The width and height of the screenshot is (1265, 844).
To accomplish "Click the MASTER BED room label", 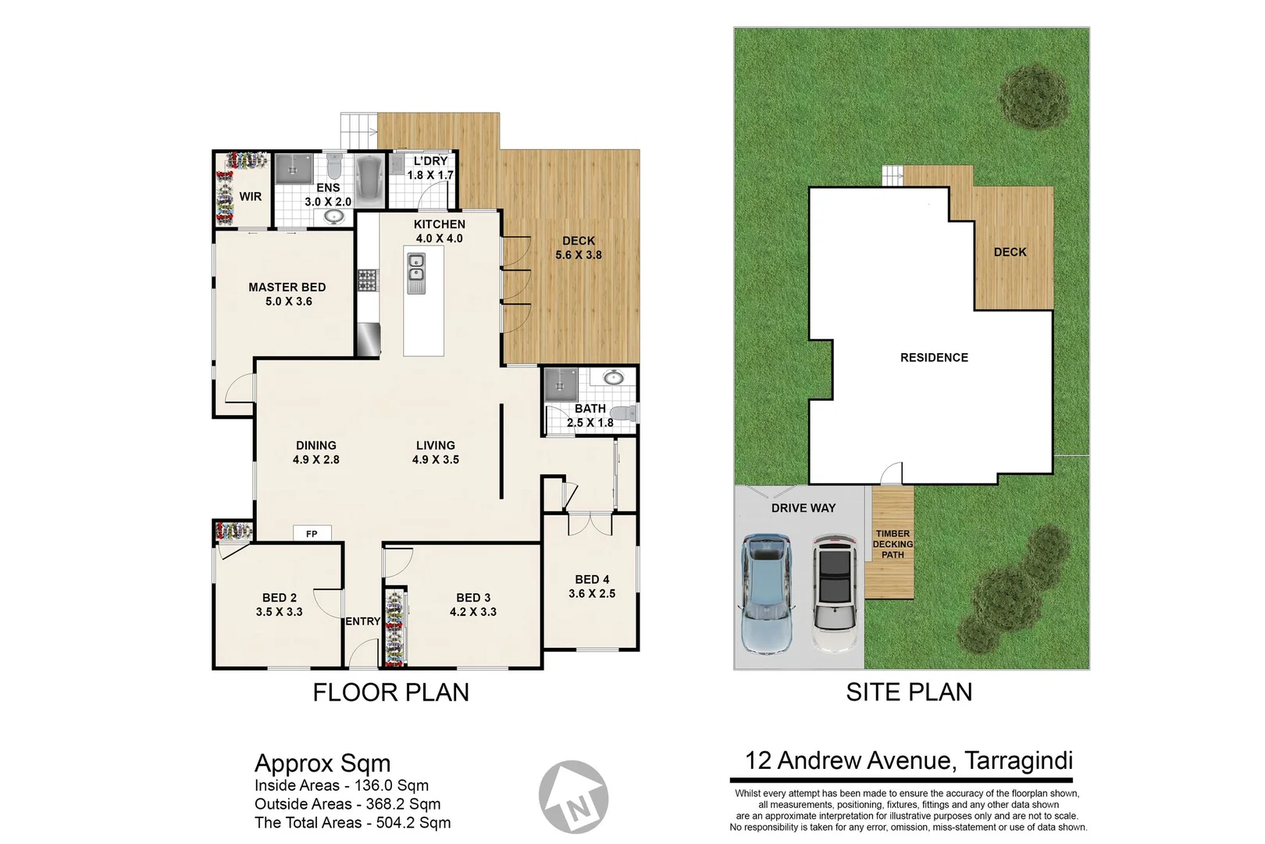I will click(x=287, y=288).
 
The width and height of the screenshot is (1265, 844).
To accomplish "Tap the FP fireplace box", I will click(x=312, y=534).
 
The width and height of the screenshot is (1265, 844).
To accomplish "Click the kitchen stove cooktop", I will click(x=367, y=281).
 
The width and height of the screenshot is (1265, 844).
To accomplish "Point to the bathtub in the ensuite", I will click(x=367, y=178).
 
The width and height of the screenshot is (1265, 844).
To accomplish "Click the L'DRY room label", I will click(x=430, y=161).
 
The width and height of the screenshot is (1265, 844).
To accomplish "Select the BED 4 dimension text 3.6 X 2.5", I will click(x=592, y=594).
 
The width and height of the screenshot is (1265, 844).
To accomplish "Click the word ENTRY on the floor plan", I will click(x=362, y=621).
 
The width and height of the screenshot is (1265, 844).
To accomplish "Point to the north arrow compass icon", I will click(x=574, y=796).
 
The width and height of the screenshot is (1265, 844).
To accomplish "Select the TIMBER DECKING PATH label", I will click(x=893, y=544).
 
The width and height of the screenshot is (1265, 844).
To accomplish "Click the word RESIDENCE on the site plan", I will click(x=934, y=357).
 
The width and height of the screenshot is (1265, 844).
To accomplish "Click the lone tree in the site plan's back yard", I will click(x=1035, y=95).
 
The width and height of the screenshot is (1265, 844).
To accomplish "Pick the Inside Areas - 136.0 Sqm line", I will click(x=341, y=785).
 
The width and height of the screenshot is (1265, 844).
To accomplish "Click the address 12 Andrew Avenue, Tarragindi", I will click(x=909, y=760).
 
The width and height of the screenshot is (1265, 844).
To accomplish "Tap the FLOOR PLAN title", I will click(x=390, y=692).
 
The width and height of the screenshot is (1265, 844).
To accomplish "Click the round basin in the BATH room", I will click(x=614, y=378).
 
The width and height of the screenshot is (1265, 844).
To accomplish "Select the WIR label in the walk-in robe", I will click(x=250, y=196).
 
